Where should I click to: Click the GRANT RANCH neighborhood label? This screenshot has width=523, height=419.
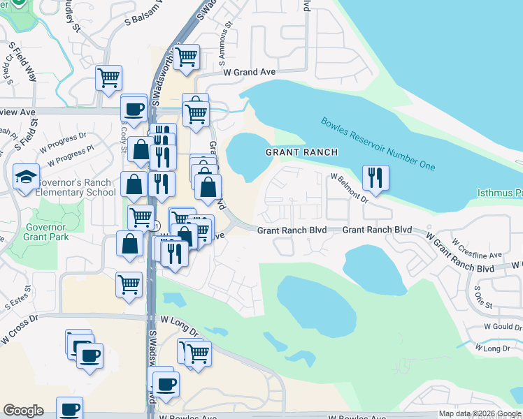[x=301, y=152]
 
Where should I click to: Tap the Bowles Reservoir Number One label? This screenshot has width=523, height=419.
[x=378, y=143]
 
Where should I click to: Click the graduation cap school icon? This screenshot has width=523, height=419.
[x=26, y=176]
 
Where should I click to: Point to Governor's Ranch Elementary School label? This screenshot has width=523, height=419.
[x=75, y=188]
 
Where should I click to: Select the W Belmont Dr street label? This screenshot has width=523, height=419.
[x=350, y=189]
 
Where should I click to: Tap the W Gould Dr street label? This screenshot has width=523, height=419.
[x=501, y=326]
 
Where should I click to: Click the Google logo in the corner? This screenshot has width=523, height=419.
[x=23, y=411]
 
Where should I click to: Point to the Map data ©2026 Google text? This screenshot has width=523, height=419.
[x=479, y=413]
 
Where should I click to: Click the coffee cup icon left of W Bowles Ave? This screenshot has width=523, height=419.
[x=69, y=410]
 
